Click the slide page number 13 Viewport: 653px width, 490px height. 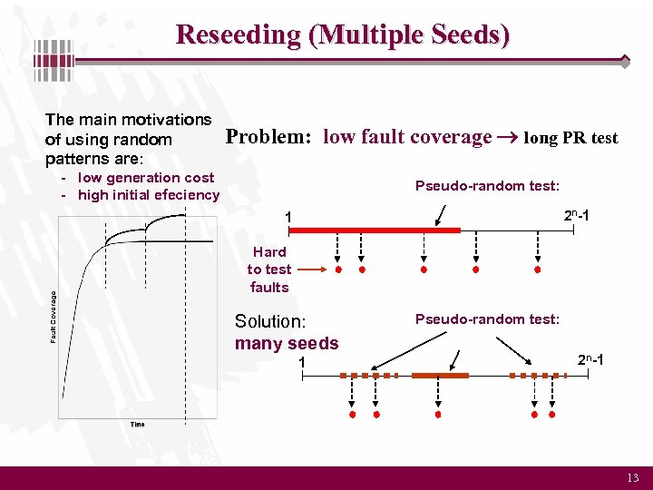tap(632, 478)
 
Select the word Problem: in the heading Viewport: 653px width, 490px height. tap(268, 137)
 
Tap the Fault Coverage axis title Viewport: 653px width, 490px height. tap(53, 317)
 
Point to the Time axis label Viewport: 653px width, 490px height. tap(137, 425)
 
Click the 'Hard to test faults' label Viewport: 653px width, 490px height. tap(269, 269)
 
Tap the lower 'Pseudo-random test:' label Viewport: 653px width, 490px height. tap(487, 319)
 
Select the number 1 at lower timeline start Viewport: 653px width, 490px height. tap(303, 362)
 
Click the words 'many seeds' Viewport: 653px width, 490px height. tap(287, 343)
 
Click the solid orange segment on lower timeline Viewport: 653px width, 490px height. tap(440, 375)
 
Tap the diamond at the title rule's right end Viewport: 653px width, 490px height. tap(625, 62)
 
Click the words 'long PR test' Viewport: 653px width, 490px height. tap(570, 138)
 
